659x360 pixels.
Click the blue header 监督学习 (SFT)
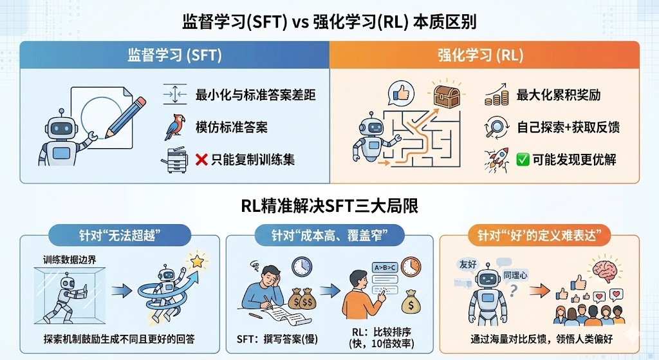coord(174,55)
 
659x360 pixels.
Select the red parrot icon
coord(173,128)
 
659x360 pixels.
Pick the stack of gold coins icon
coord(497,96)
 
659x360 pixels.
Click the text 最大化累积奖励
coord(559,95)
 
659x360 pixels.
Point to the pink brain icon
coord(606,269)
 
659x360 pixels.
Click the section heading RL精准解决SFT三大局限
coord(329,206)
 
